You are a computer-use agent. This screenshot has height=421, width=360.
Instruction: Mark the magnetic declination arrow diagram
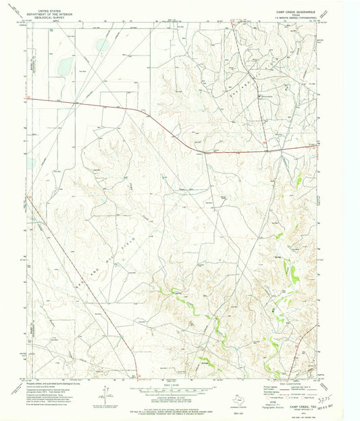click(x=105, y=392)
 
